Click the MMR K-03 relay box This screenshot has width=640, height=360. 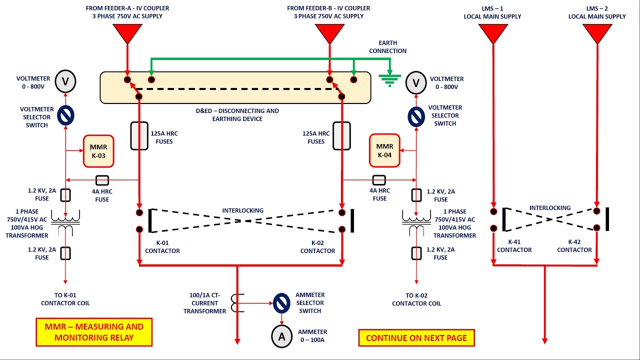pos(98,151)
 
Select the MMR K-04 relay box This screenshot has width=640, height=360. pos(384,150)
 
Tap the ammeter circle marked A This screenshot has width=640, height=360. pos(281,337)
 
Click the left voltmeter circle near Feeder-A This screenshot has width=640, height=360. pos(65,81)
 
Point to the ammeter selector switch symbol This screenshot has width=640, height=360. pos(281,302)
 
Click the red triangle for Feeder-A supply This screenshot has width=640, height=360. pos(127,33)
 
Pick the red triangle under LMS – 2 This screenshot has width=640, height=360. pos(597,33)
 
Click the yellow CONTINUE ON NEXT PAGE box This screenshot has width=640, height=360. pos(416,338)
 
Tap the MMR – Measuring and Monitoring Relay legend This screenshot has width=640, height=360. pos(94,332)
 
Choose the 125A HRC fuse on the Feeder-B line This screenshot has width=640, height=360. pos(342,135)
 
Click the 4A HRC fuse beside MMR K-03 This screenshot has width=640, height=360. pos(102,180)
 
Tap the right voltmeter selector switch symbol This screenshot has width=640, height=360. pos(416,116)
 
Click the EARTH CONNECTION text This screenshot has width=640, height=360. pos(387,47)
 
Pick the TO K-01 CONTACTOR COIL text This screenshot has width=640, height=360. pos(65,299)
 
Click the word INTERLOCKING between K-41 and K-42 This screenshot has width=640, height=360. pos(550,208)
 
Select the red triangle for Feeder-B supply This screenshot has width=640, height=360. pos(329,33)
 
